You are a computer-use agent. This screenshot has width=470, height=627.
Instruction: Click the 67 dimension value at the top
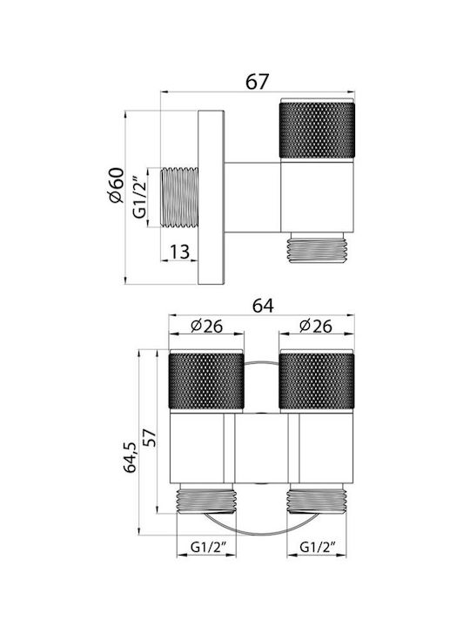[x=257, y=82]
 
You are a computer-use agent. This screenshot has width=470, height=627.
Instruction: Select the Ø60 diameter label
[x=117, y=185]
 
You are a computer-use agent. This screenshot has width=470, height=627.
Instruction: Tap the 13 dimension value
[x=179, y=252]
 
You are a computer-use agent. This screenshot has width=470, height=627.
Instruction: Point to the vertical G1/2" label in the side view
[x=139, y=198]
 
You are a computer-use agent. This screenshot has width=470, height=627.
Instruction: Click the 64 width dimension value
[x=263, y=306]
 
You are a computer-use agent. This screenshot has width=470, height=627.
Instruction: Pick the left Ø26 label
[x=206, y=327]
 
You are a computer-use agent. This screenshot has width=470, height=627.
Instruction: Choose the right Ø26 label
[x=315, y=327]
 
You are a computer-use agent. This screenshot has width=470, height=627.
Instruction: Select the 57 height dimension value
[x=150, y=438]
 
